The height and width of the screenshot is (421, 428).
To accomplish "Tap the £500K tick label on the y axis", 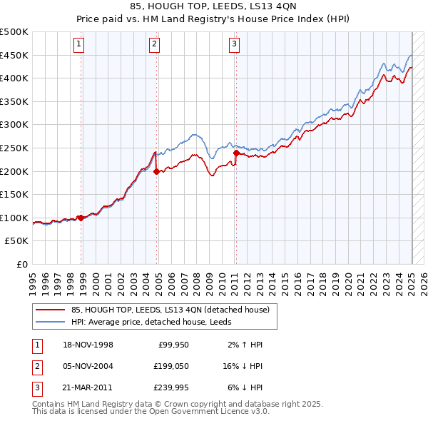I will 14,32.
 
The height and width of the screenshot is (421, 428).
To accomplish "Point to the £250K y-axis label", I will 14,148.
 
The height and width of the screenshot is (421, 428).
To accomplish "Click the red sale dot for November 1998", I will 81,218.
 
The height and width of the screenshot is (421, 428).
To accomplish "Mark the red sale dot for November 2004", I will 156,171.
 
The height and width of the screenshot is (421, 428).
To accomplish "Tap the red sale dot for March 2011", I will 236,152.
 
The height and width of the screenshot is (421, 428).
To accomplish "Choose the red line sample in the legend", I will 51,310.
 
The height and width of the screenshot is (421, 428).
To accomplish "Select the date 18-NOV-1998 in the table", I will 83,345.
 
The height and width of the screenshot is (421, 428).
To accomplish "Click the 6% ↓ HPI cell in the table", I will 241,387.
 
